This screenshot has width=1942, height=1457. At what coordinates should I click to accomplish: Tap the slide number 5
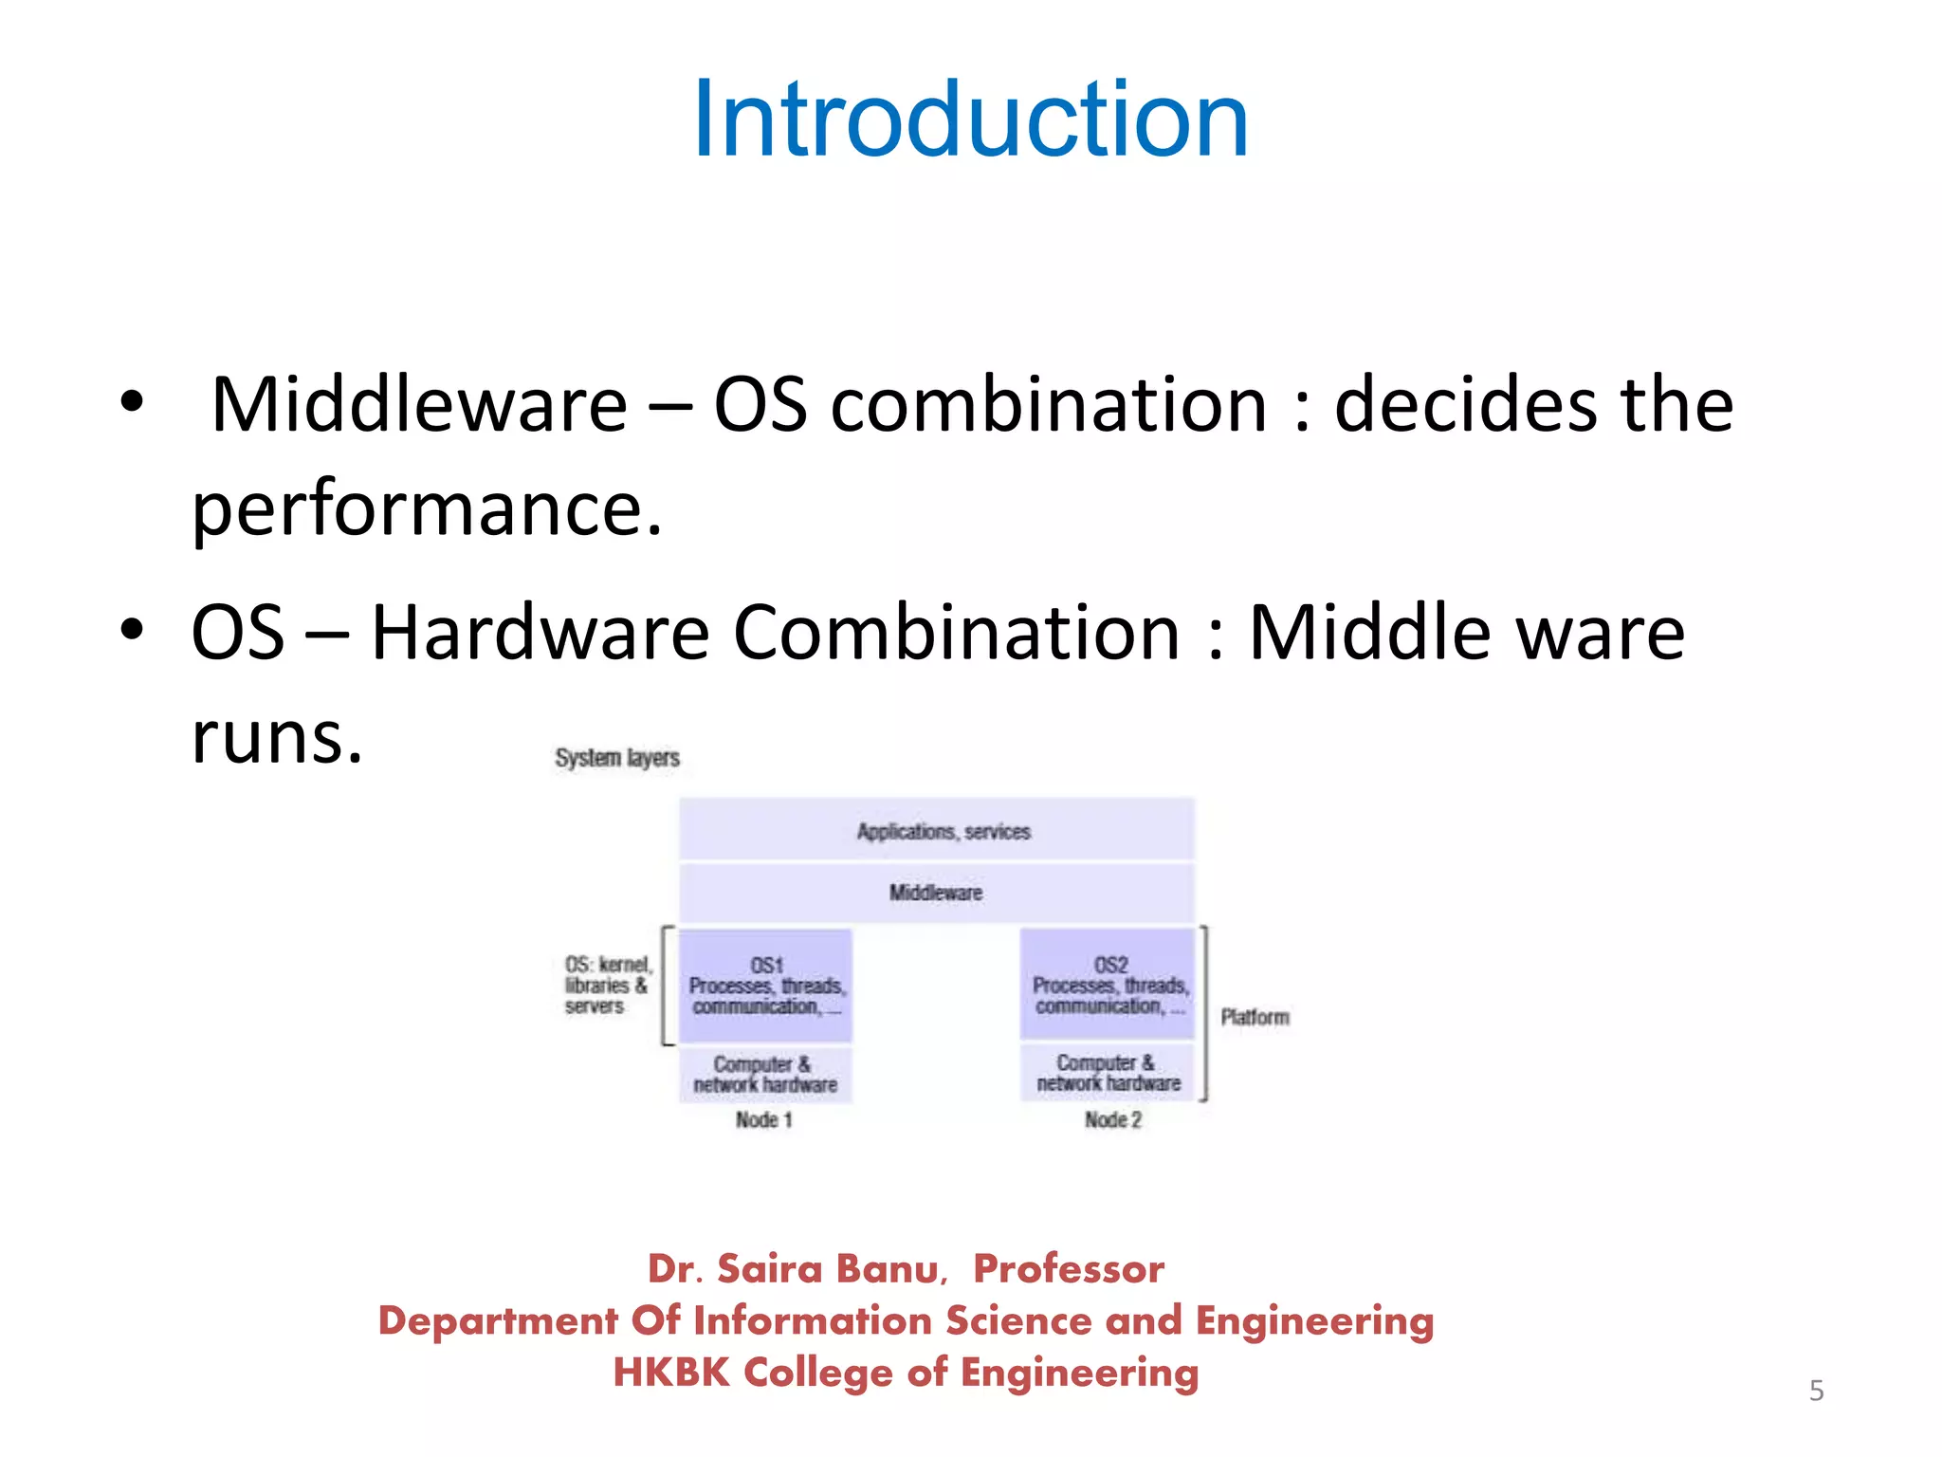click(1816, 1391)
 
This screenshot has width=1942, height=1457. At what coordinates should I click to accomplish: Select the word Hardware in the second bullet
click(540, 634)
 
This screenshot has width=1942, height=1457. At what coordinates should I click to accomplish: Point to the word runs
click(277, 737)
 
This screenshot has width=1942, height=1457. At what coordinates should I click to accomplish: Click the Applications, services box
click(937, 831)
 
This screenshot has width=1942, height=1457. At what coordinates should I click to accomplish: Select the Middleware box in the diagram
click(937, 893)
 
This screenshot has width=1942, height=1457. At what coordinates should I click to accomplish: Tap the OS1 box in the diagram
click(766, 986)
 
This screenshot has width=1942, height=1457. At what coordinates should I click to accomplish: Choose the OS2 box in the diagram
click(1108, 985)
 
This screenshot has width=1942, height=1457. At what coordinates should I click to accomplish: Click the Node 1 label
click(764, 1120)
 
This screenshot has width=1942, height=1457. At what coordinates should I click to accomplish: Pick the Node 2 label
click(1113, 1120)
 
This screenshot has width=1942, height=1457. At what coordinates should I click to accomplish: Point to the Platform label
click(1255, 1018)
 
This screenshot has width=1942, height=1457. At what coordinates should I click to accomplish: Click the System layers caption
click(617, 758)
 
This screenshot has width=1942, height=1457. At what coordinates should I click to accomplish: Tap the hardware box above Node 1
click(765, 1075)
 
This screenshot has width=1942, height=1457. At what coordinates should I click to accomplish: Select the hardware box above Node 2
click(1108, 1073)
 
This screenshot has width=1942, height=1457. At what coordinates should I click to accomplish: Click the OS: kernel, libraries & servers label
click(607, 986)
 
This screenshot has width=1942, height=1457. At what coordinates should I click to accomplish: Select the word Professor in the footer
click(1069, 1269)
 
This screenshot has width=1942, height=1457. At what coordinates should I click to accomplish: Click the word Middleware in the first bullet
click(419, 406)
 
